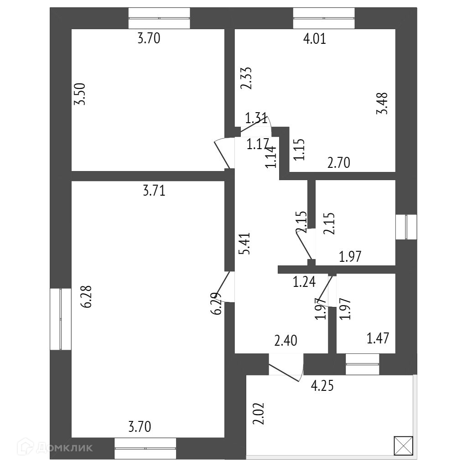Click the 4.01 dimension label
pos(315,39)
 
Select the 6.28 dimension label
pos(87,296)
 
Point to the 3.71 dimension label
pos(154,191)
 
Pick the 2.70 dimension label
pos(339,163)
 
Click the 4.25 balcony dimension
pos(322,386)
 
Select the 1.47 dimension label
pos(379,339)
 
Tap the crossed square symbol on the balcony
pos(403,445)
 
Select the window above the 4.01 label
pos(324,18)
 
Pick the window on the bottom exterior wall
pos(145,448)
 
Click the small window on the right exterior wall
pos(406,227)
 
